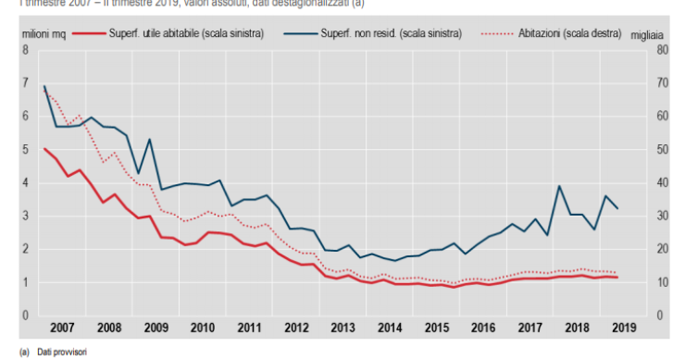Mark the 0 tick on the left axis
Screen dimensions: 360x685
24,316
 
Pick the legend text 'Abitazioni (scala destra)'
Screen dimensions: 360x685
565,34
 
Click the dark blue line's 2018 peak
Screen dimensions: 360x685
560,186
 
